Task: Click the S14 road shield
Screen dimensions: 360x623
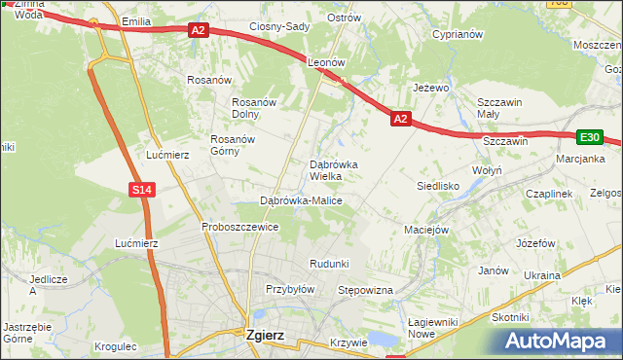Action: [x=142, y=190]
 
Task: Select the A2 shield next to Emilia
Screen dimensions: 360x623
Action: [x=199, y=31]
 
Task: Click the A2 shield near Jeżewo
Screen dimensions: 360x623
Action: [x=400, y=118]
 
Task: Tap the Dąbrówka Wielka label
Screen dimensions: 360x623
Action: [x=333, y=170]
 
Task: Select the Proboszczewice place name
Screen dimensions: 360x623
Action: [x=239, y=227]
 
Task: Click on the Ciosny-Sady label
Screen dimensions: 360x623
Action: [x=279, y=26]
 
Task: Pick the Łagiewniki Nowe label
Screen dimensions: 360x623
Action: [x=434, y=328]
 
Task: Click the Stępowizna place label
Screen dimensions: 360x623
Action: [x=363, y=290]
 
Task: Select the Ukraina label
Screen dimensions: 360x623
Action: [x=542, y=275]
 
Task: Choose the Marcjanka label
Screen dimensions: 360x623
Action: [x=581, y=158]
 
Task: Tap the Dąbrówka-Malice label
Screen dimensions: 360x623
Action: [x=300, y=200]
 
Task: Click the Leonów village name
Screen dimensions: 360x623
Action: [x=326, y=61]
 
